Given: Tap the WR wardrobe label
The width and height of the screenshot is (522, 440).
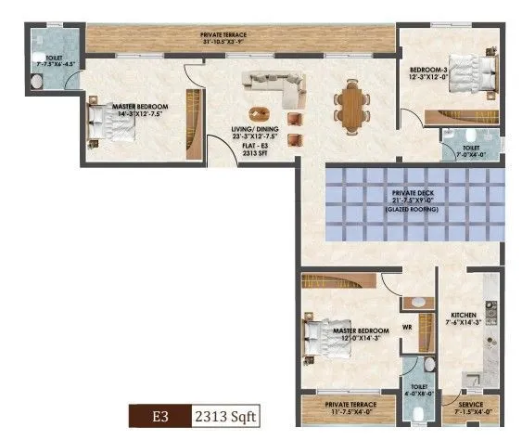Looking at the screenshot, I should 406,327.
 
